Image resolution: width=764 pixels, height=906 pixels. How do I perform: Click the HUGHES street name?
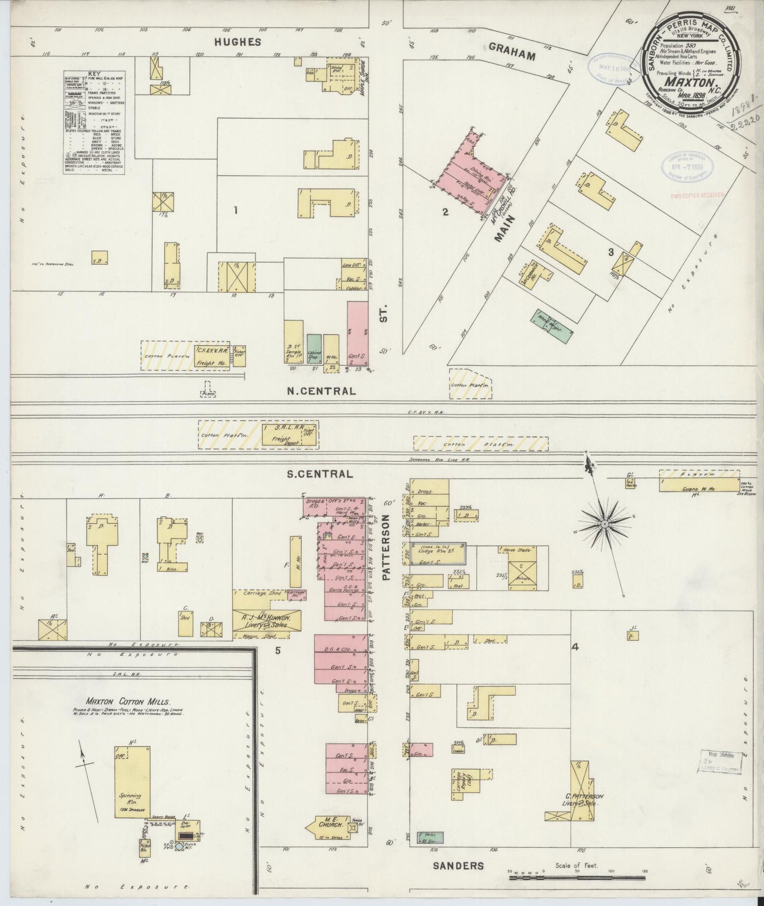(238, 42)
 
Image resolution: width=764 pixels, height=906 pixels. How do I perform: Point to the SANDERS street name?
(458, 865)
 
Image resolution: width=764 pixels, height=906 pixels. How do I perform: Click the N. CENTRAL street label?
(321, 392)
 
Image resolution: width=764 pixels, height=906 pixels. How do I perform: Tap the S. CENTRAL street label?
(319, 474)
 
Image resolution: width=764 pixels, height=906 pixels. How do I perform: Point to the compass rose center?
(603, 523)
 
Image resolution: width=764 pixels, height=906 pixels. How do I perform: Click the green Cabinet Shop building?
(314, 349)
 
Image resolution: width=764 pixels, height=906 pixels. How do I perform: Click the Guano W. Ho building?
(699, 485)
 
